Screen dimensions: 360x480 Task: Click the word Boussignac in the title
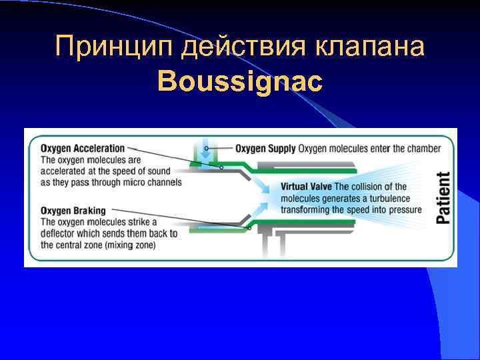pos(240,82)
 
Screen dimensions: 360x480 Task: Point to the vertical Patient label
pos(443,197)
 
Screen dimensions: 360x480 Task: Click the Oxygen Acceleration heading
pos(83,148)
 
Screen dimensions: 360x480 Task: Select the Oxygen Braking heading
pos(73,211)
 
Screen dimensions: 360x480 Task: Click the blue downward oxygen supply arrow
pos(205,151)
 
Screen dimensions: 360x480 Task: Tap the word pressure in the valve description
pos(406,210)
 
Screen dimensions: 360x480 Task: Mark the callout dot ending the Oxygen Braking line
pos(249,228)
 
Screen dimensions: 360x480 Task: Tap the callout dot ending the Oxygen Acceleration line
pos(221,167)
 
